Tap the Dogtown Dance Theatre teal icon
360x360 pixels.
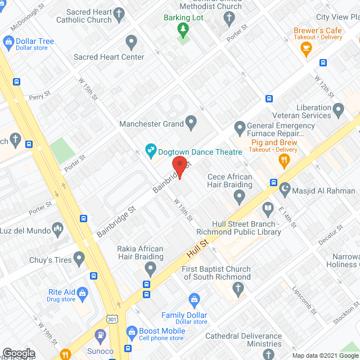tap(150, 149)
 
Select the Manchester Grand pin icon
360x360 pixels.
tap(191, 121)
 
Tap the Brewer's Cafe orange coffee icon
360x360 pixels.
tap(307, 50)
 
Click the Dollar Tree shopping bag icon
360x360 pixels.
tap(8, 42)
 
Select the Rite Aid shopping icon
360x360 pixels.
tap(83, 292)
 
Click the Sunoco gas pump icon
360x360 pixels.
tap(101, 336)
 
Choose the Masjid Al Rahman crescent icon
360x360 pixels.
tap(285, 190)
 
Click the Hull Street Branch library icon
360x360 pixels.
tap(268, 208)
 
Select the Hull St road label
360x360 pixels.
tap(199, 247)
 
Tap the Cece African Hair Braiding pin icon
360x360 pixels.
tap(239, 197)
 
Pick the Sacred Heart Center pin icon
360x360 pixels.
tap(131, 42)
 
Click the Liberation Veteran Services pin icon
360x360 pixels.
tap(338, 108)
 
